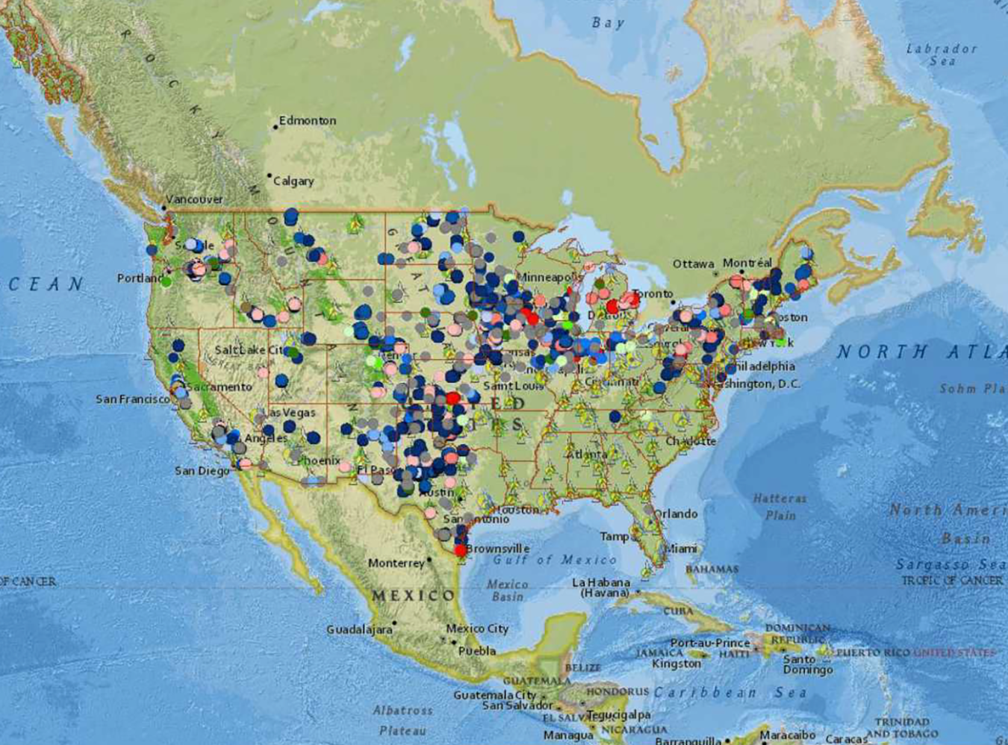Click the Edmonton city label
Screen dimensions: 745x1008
[x=307, y=120]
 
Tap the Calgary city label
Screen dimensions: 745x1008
[x=293, y=181]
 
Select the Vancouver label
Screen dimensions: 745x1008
[x=194, y=199]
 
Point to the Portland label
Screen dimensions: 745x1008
[x=140, y=278]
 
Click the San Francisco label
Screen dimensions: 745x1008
[x=132, y=399]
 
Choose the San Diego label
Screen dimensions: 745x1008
[x=202, y=471]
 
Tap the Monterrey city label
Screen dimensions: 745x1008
[x=396, y=563]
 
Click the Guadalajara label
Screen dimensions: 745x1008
[x=359, y=630]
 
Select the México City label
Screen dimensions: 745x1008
[x=477, y=629]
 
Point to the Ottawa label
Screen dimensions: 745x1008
[x=693, y=264]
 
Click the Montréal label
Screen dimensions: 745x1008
[x=747, y=263]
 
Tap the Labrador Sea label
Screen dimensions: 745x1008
[x=942, y=54]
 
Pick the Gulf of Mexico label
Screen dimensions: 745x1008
[x=555, y=560]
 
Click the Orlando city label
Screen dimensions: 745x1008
[x=676, y=514]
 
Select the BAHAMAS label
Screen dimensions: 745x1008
[x=712, y=569]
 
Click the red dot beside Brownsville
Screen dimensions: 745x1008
[x=461, y=550]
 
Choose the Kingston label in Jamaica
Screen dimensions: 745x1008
[x=676, y=664]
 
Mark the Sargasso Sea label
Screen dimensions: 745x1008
[x=950, y=564]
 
